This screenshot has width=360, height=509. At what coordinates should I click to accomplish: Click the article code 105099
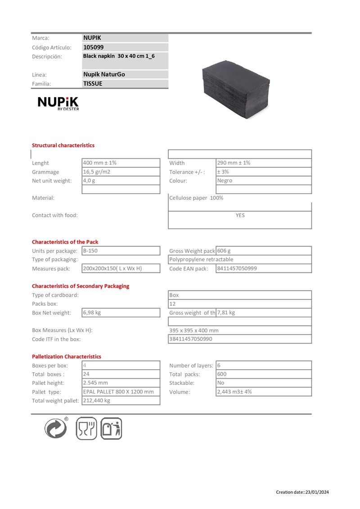94,47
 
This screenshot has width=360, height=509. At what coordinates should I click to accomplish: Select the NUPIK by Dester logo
58,103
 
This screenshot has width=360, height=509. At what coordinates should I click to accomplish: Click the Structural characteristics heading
63,145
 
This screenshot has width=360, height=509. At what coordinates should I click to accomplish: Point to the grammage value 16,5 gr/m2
96,172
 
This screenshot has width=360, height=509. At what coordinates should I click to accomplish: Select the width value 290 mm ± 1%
234,163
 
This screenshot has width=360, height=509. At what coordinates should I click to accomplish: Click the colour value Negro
225,181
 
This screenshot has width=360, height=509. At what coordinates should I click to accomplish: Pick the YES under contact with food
240,215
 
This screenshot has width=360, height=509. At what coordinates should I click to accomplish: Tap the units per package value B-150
91,250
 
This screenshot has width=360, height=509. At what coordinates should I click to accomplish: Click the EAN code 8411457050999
237,268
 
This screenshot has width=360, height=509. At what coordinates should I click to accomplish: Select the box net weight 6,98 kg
92,313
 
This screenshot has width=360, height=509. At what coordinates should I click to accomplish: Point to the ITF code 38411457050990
190,339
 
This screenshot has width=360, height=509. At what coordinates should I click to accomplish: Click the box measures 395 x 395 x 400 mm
194,330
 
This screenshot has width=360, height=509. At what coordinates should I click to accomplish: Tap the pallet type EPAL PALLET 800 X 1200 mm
118,392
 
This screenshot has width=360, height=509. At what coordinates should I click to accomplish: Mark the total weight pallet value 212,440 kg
97,401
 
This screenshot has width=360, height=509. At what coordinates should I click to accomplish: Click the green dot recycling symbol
56,428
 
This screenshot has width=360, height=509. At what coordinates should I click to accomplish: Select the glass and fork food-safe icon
87,428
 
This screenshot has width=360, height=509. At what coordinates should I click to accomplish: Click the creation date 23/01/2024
317,492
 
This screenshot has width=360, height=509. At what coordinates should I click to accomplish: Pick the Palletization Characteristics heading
67,357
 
